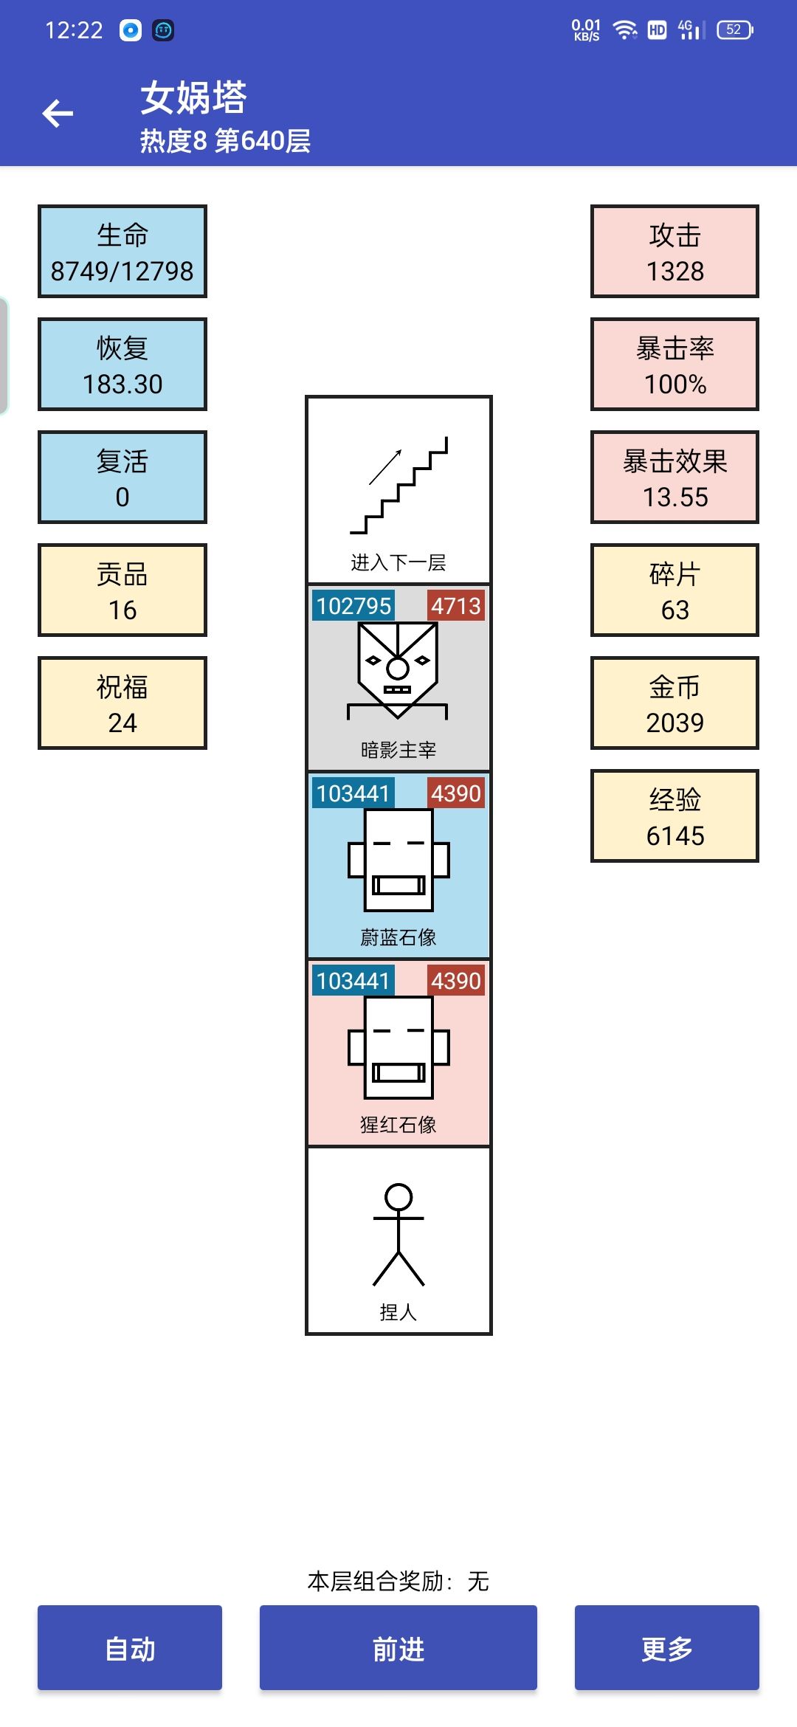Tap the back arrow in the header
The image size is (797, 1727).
pos(58,114)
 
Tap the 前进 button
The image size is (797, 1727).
pos(398,1647)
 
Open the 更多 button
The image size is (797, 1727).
pos(667,1647)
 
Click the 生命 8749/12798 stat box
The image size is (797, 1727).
pos(123,252)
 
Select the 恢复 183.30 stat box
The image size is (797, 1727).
pos(123,365)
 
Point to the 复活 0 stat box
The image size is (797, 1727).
pos(123,478)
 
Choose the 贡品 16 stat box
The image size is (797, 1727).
pos(123,590)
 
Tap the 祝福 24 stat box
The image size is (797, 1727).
pos(123,703)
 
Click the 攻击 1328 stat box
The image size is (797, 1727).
pos(674,252)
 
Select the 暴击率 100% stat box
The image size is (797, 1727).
pos(674,365)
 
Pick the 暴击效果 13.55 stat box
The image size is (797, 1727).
pos(674,478)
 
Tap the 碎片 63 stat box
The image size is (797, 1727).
pos(674,590)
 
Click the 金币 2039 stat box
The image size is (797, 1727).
pos(674,703)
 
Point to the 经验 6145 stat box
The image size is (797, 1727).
pos(674,816)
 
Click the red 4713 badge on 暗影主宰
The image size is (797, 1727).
pos(456,606)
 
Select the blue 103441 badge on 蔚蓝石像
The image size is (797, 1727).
pos(353,793)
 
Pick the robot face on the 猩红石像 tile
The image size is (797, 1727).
pos(398,1048)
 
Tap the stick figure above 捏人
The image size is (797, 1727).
pos(398,1235)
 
